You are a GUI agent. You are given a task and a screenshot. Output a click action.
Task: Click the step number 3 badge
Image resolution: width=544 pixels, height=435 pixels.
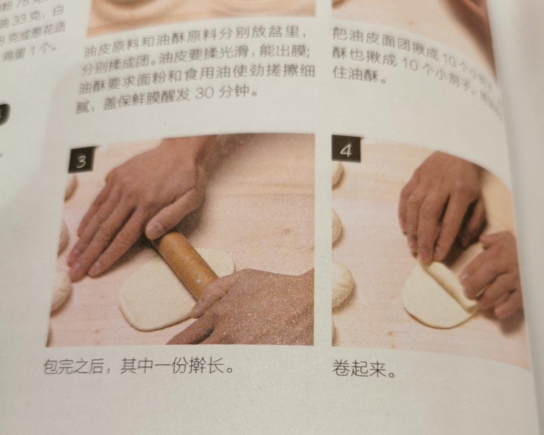tap(81, 161)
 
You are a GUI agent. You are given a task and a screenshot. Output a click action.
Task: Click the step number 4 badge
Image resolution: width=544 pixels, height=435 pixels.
tap(346, 151)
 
